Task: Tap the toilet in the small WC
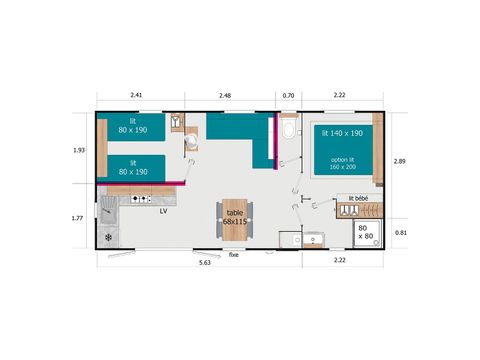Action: [290, 131]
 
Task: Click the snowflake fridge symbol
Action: [108, 238]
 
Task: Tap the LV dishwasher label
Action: [163, 211]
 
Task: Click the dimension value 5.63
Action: [204, 262]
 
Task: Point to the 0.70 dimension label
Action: [289, 96]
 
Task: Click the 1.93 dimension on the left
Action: [80, 150]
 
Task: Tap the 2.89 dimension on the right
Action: [400, 161]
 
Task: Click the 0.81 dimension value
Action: [400, 233]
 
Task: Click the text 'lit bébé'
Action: [359, 199]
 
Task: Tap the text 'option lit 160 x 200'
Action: [343, 163]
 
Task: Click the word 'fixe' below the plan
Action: [234, 255]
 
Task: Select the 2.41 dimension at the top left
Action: [137, 96]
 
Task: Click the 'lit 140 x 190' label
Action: [343, 133]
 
